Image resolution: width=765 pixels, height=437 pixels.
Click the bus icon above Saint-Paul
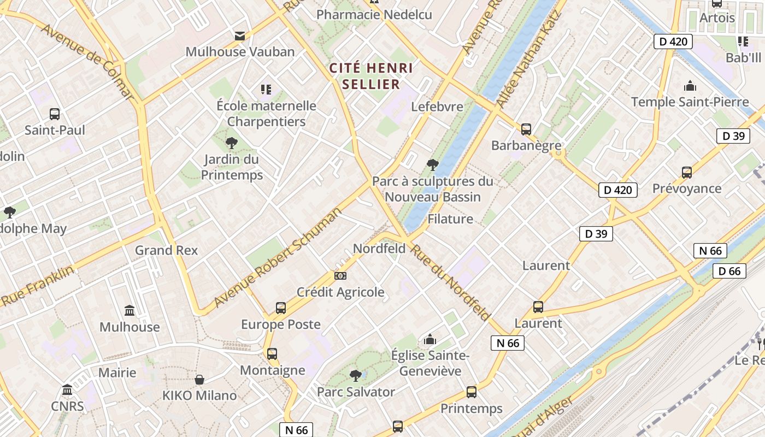click(x=55, y=114)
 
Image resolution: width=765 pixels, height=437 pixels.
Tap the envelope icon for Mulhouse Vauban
click(x=239, y=36)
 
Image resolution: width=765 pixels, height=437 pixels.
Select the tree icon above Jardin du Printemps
click(x=232, y=143)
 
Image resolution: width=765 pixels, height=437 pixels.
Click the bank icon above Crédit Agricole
click(x=340, y=276)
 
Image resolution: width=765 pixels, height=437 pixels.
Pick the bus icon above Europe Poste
click(x=281, y=308)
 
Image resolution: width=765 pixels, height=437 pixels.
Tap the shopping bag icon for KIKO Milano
click(x=200, y=379)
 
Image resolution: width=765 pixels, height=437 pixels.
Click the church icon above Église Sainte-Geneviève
click(x=430, y=340)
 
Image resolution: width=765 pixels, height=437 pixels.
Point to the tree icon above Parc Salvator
click(x=356, y=376)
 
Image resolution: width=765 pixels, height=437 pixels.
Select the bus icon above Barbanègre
click(x=526, y=129)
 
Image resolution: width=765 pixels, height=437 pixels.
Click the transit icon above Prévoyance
click(x=687, y=173)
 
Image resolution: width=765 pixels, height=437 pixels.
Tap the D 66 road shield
click(x=729, y=271)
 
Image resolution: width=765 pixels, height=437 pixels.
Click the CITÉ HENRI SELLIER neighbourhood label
click(x=371, y=76)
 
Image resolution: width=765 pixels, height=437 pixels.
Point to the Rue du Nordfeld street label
click(x=450, y=282)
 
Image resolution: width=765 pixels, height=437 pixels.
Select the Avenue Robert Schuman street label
click(x=278, y=257)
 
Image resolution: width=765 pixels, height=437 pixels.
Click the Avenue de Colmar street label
click(x=87, y=62)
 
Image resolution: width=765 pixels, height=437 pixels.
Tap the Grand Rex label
click(x=166, y=250)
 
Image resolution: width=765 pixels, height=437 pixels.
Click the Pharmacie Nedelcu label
click(x=374, y=15)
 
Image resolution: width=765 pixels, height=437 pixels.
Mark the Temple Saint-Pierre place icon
click(x=690, y=86)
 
